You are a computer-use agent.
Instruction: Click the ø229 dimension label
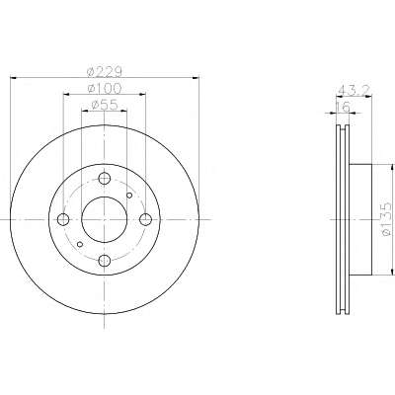coord(104,71)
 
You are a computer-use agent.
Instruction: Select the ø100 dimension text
coord(105,88)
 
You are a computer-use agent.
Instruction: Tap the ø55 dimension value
coord(105,105)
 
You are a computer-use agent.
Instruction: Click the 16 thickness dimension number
coord(343,107)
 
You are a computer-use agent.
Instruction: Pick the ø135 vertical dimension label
coord(386,219)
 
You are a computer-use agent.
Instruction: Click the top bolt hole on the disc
coord(105,179)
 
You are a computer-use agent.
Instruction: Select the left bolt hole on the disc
coord(63,219)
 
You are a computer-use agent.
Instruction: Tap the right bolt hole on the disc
coord(145,219)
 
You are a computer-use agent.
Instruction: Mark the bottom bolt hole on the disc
coord(105,261)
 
